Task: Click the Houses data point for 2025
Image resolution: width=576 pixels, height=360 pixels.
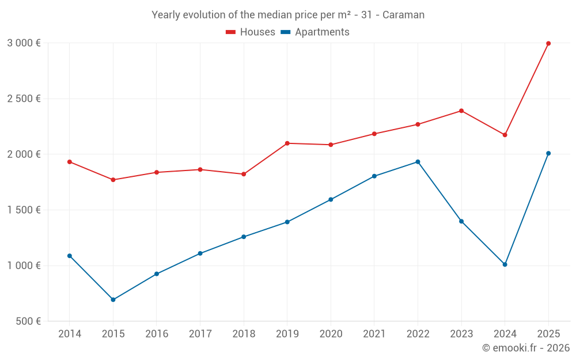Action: click(x=548, y=43)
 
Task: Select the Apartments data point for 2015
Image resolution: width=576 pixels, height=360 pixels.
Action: click(x=113, y=300)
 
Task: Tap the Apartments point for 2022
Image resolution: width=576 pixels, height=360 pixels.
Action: click(x=418, y=162)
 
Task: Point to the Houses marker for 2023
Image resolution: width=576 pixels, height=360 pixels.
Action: click(x=461, y=111)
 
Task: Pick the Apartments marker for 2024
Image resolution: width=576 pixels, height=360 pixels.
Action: click(x=505, y=264)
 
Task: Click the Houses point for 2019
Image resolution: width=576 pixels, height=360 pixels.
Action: click(x=287, y=143)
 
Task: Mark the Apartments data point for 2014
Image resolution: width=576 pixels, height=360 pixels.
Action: click(x=70, y=256)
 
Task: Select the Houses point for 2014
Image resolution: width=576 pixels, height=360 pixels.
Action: click(x=70, y=162)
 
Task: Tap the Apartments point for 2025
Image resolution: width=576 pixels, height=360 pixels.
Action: click(x=548, y=153)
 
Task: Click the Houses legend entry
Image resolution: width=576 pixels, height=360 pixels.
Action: click(x=251, y=32)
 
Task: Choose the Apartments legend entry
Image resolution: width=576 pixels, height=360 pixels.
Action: click(x=315, y=32)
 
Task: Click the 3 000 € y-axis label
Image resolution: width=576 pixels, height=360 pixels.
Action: click(x=24, y=43)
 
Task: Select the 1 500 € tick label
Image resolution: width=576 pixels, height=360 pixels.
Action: click(x=24, y=210)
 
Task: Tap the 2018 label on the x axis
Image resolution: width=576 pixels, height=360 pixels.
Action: click(x=244, y=334)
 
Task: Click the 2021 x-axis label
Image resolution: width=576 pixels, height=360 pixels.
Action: click(x=374, y=334)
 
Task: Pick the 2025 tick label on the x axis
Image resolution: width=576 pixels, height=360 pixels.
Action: click(x=548, y=334)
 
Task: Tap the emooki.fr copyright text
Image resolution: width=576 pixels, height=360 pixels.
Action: click(x=526, y=348)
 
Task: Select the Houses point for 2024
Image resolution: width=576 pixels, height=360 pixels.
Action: click(x=505, y=135)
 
